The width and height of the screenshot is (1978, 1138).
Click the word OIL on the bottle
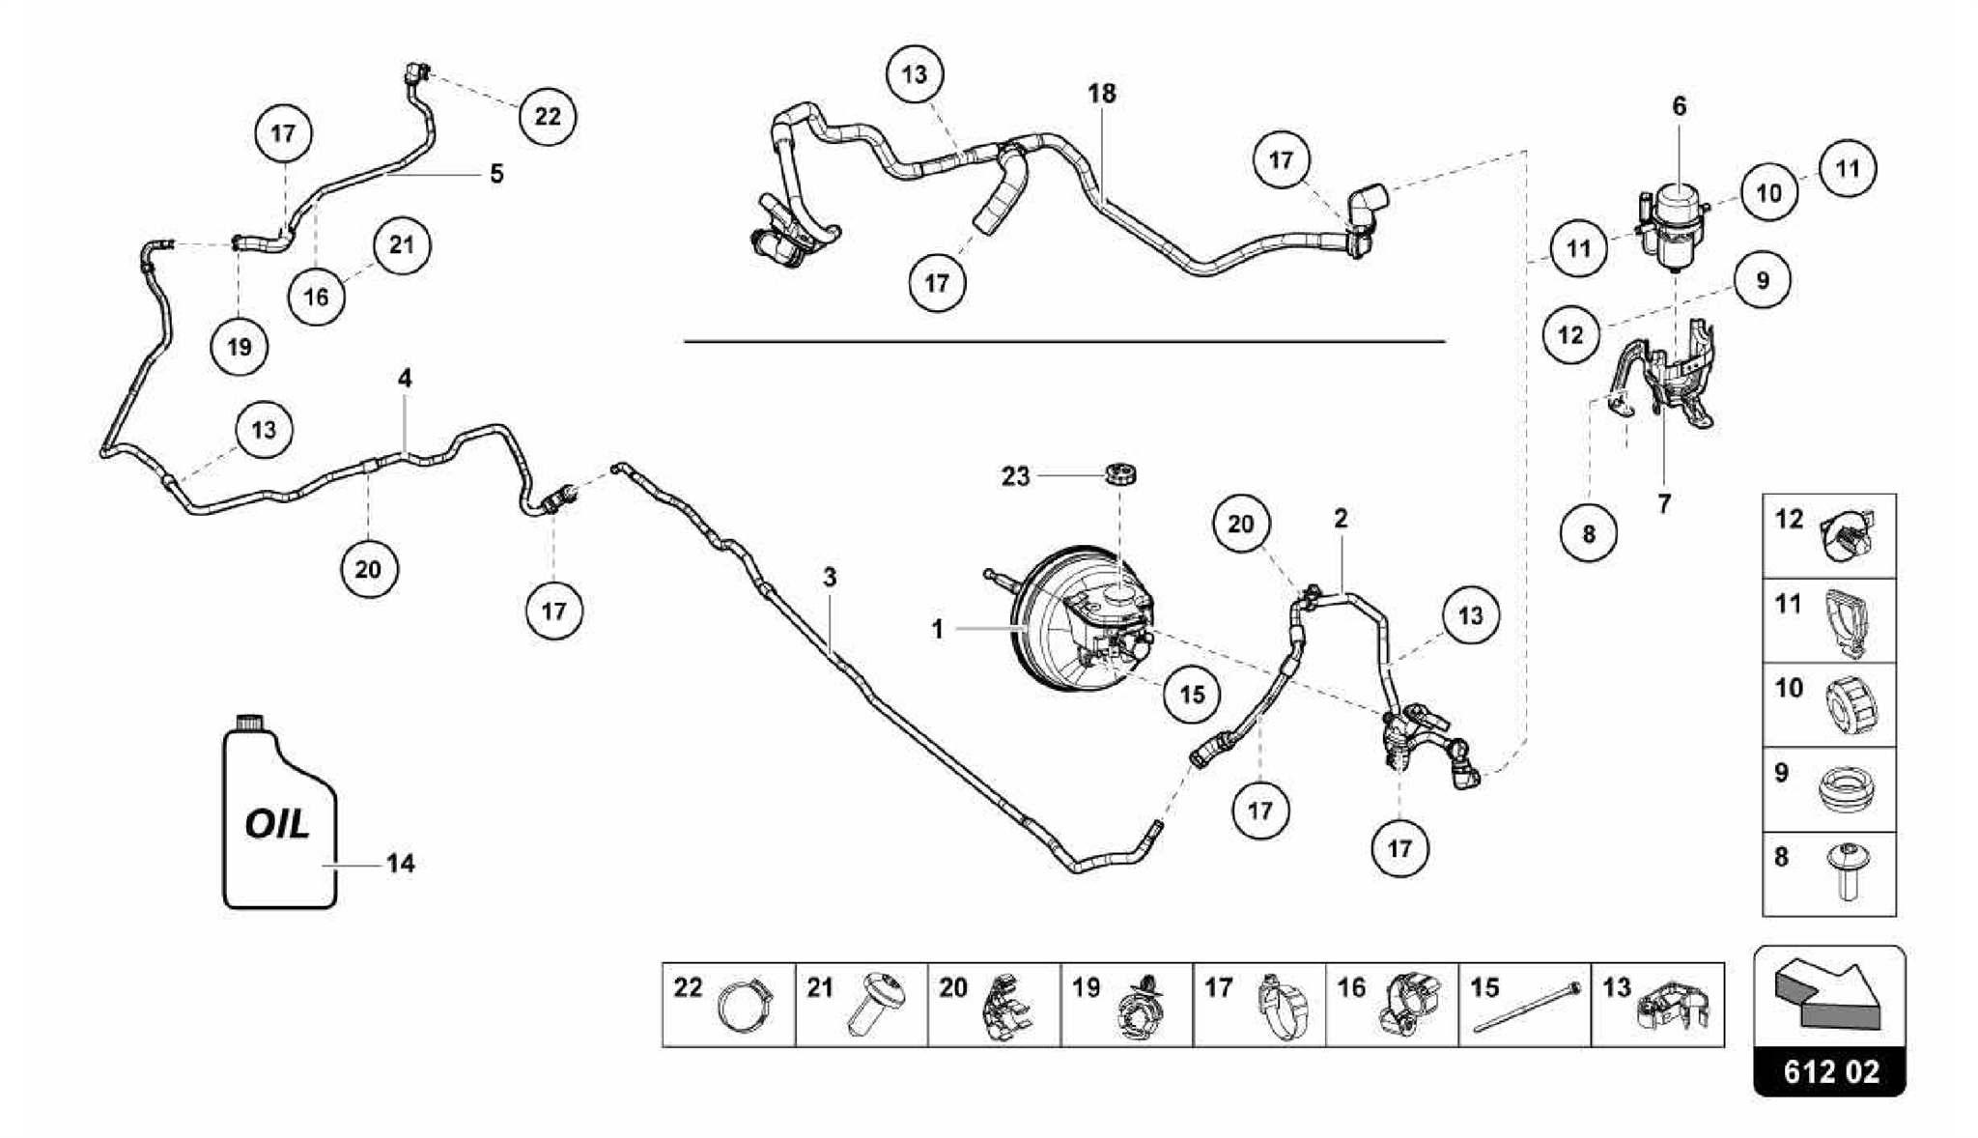coord(277,823)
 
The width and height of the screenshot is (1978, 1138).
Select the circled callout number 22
coord(547,117)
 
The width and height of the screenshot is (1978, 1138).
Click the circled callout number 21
coord(401,245)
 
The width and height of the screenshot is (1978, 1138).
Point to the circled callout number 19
coord(240,346)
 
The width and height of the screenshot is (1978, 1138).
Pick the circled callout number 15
coord(1192,694)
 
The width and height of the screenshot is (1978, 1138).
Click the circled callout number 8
coord(1589,532)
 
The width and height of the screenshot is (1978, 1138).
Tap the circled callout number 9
coord(1763,280)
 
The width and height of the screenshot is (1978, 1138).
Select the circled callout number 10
coord(1768,192)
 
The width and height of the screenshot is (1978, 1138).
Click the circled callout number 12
coord(1571,334)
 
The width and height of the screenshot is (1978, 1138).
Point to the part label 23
coord(1015,476)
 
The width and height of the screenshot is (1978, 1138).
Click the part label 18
coord(1101,94)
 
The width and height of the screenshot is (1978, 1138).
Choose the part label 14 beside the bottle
coord(400,864)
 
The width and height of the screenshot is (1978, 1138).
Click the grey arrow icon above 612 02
coord(1828,996)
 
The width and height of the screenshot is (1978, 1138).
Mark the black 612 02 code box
coord(1829,1071)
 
